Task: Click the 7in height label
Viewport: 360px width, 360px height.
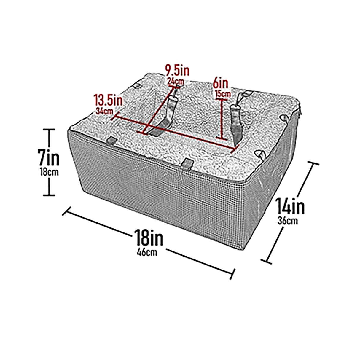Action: (49, 157)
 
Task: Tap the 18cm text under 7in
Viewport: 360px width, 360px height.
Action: (49, 172)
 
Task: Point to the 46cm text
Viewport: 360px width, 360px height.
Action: (147, 252)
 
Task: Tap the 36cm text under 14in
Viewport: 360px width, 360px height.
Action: (287, 221)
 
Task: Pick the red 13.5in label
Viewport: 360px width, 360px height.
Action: (108, 100)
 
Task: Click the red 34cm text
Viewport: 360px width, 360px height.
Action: (104, 111)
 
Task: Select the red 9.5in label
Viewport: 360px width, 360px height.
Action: (177, 70)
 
